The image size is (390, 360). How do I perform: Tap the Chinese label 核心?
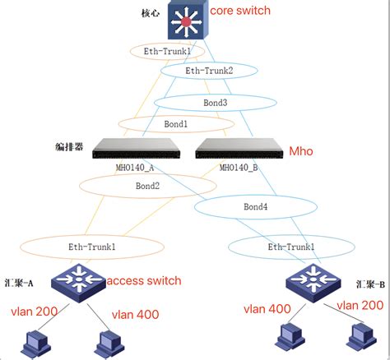tap(151, 13)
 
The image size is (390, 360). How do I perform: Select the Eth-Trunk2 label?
tap(209, 72)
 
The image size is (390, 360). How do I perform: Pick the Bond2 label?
tap(147, 186)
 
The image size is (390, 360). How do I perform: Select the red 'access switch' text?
tap(144, 281)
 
